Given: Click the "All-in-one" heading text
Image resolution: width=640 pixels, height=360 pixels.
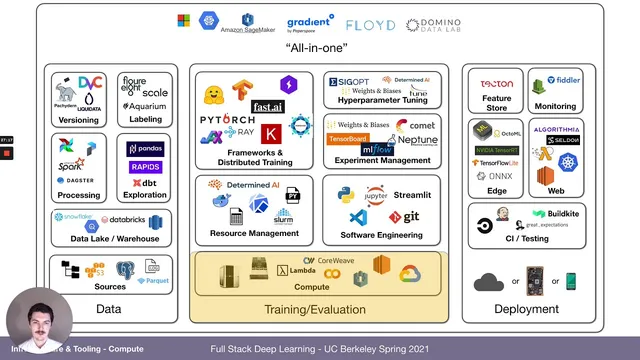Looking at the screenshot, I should point(319,48).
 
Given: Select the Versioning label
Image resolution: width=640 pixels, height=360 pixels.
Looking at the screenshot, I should point(78,120).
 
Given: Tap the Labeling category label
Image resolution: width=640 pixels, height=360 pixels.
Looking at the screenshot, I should point(145,120).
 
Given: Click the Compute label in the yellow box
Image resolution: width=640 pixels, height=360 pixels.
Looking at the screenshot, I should point(312,286).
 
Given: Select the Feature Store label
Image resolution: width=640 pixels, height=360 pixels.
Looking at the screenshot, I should point(495,105).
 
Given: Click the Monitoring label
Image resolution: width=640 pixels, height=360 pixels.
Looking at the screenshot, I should point(555,105).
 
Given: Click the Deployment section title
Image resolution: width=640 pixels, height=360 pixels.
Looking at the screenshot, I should point(526,309).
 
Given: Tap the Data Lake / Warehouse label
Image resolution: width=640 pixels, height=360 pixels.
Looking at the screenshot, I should point(110,240).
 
